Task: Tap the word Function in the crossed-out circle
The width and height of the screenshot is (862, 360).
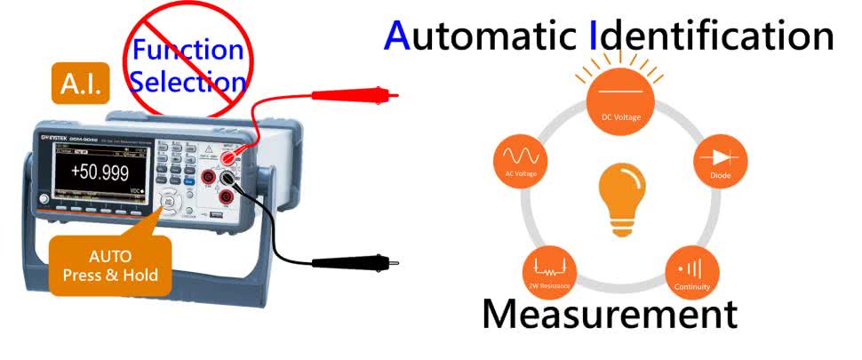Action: click(188, 50)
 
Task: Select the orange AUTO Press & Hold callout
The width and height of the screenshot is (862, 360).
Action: click(110, 265)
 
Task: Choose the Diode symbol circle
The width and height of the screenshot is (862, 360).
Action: click(720, 161)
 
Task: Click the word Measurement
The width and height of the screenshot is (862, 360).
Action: click(610, 314)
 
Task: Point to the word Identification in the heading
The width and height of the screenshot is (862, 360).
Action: click(711, 36)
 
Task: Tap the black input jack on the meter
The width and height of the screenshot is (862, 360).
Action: click(227, 196)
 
